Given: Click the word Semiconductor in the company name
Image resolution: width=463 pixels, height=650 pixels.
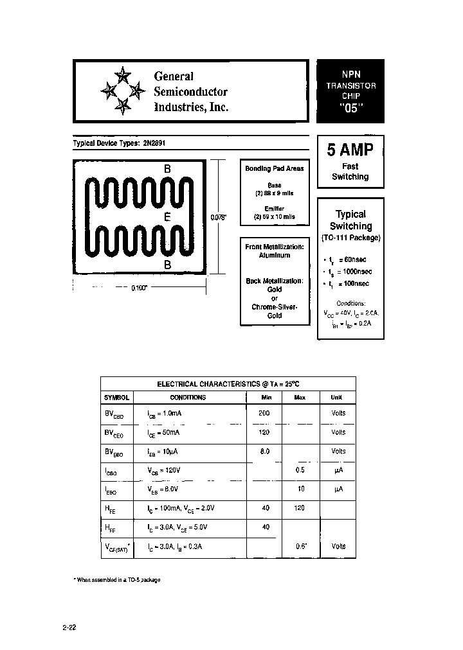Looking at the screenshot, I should (190, 92).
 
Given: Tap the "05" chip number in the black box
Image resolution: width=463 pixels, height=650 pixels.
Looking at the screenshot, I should (350, 108).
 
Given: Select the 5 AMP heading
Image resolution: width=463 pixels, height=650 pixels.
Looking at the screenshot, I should (350, 150).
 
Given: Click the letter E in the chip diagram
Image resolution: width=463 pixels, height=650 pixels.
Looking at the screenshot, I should (167, 217).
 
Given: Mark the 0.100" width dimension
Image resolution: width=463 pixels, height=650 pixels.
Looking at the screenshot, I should (140, 288).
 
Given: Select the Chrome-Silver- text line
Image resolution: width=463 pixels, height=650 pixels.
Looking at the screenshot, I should (275, 307).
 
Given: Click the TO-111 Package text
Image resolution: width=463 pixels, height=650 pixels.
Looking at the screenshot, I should (350, 238).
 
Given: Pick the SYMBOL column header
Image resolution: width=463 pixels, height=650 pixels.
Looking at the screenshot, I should (117, 398).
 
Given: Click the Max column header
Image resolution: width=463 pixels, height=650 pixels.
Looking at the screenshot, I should (300, 398).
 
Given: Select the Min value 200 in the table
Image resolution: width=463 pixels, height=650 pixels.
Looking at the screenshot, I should (264, 413).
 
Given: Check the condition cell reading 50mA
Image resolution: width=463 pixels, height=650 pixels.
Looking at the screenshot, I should (166, 433).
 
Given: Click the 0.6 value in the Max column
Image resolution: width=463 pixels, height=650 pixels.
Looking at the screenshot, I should (300, 546).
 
